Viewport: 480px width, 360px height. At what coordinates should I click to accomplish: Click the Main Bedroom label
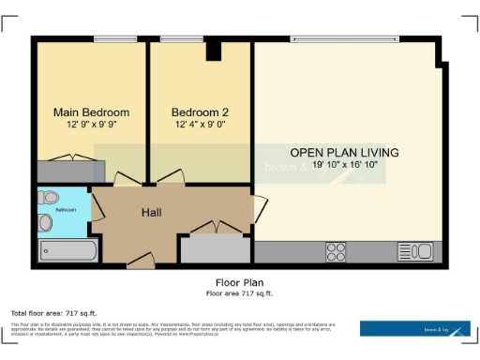(91, 112)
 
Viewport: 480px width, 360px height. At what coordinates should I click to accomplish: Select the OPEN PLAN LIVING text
(344, 153)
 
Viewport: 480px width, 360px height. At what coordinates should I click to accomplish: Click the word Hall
(151, 213)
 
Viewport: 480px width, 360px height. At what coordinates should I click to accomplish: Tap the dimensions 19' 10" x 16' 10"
(344, 165)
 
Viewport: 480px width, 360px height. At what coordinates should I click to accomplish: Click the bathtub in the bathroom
(67, 250)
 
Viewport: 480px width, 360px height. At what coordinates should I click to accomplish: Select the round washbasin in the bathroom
(46, 222)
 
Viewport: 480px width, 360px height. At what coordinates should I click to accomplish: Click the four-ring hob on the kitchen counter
(335, 251)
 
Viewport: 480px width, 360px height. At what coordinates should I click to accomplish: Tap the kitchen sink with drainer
(414, 251)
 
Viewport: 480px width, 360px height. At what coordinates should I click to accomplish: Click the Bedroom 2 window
(174, 39)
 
